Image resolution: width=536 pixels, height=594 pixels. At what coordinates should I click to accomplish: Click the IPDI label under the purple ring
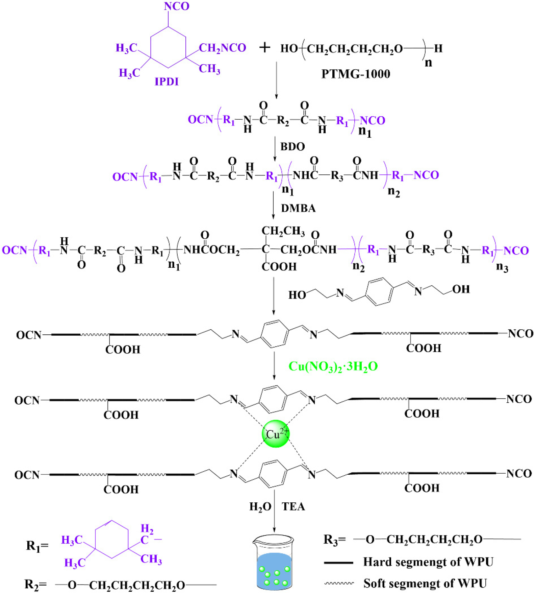[x=167, y=82]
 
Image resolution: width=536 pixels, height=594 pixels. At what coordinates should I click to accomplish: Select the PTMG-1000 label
[x=355, y=74]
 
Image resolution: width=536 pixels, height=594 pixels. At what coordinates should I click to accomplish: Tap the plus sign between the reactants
[x=265, y=48]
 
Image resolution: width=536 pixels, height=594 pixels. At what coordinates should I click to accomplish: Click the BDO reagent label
[x=292, y=147]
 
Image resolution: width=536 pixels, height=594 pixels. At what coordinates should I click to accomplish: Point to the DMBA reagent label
[x=298, y=208]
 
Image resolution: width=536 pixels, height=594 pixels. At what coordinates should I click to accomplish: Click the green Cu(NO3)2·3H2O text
[x=333, y=366]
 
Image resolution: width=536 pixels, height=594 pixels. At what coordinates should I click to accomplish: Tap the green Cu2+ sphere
[x=276, y=434]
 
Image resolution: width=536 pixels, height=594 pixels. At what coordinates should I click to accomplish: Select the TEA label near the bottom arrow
[x=293, y=507]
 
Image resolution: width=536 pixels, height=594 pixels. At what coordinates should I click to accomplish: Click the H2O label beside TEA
[x=260, y=507]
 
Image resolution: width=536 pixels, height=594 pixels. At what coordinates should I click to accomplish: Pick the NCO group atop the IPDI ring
[x=177, y=6]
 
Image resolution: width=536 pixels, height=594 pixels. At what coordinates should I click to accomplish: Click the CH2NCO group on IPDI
[x=222, y=48]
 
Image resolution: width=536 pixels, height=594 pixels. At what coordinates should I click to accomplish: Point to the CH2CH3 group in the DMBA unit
[x=283, y=231]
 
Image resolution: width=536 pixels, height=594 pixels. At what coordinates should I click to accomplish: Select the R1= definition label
[x=37, y=546]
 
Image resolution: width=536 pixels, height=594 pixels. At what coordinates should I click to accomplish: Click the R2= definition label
[x=35, y=584]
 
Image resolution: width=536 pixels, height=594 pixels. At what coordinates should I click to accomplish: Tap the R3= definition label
[x=334, y=539]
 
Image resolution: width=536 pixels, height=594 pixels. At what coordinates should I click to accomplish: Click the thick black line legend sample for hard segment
[x=338, y=563]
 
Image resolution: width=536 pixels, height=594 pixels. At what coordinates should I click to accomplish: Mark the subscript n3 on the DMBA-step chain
[x=502, y=267]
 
